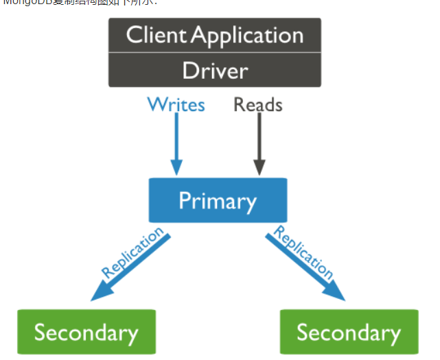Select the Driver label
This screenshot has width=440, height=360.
pos(215,71)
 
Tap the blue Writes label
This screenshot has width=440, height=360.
pos(176,104)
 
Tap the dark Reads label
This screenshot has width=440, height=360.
pos(258,104)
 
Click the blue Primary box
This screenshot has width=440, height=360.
pos(218,200)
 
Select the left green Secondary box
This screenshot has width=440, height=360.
pos(86,333)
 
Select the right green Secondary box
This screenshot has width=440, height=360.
pos(349,333)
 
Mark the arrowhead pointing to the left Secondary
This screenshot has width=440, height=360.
pos(97,295)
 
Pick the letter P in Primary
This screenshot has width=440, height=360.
pos(184,200)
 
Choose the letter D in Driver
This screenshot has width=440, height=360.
pos(187,71)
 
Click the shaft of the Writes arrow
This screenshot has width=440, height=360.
pos(176,137)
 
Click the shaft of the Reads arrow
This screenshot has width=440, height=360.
pos(259,137)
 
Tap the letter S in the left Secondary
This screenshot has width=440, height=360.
pos(40,333)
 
